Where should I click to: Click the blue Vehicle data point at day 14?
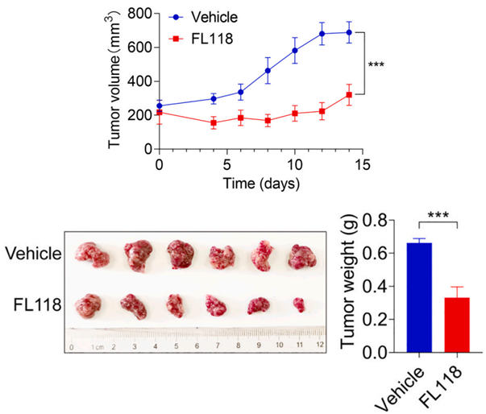point(349,32)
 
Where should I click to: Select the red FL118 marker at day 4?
point(214,122)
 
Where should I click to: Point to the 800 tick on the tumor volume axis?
point(139,14)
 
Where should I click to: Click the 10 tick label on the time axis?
point(294,165)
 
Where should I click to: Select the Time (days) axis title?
point(261,184)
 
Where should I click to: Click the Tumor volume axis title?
point(114,79)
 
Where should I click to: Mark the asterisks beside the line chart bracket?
point(376,64)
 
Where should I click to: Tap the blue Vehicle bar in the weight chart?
point(419,297)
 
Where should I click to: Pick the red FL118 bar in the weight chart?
point(457,325)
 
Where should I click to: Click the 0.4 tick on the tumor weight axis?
point(375,287)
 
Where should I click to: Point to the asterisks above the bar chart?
point(438,215)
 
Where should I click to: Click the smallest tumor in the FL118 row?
point(299,305)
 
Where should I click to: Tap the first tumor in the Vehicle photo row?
point(92,255)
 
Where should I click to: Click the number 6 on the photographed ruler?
point(197,346)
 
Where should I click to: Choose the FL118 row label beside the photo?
point(38,305)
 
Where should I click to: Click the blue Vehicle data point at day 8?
point(268,71)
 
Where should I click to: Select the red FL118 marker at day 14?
point(349,95)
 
